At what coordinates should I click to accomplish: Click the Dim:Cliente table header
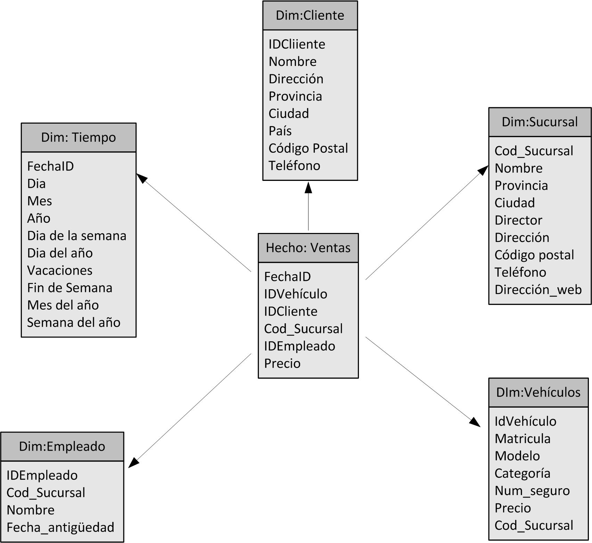310,16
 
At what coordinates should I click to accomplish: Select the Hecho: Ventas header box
308,248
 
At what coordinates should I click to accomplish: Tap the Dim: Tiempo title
79,137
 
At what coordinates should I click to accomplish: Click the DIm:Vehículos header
538,393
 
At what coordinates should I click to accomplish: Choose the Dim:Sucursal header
540,122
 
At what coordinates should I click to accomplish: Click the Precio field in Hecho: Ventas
282,364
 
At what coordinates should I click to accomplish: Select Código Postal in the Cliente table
308,148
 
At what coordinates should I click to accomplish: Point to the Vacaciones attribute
60,270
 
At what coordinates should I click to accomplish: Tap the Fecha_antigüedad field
60,527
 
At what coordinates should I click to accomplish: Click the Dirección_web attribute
538,290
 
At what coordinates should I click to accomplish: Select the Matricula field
522,439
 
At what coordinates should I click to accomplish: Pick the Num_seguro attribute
532,491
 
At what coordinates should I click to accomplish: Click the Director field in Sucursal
518,220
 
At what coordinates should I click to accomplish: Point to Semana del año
74,323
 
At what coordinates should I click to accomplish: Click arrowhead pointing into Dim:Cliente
308,187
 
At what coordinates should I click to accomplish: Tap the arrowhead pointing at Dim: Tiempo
141,178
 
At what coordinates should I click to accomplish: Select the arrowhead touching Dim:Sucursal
483,170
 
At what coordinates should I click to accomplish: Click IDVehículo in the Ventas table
296,294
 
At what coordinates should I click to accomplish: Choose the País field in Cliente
280,131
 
